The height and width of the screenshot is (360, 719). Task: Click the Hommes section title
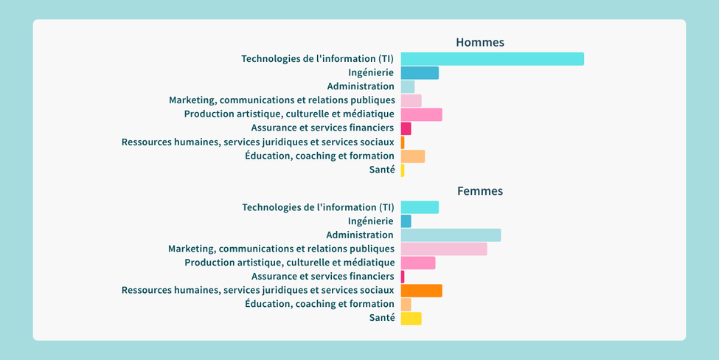479,43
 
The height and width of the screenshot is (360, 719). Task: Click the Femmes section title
479,191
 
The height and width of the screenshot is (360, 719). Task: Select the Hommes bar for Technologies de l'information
492,59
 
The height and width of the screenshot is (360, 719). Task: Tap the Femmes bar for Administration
451,235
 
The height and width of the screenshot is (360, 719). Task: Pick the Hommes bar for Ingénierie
420,73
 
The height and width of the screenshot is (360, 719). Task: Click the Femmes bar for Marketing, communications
444,249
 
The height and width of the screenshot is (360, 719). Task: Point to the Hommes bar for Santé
403,170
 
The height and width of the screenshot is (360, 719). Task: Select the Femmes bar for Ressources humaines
421,290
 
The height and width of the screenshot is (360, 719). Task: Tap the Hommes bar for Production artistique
421,114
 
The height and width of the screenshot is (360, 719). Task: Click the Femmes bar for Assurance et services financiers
403,277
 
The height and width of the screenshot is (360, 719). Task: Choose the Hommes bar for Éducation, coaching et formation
413,156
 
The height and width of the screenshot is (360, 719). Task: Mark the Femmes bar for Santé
411,318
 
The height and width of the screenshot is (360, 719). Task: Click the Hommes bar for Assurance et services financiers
406,128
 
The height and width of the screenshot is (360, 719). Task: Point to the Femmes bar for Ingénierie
406,221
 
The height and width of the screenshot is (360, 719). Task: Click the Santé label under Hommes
381,170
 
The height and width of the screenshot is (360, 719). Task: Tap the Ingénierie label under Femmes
370,221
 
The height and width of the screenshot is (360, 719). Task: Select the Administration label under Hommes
361,86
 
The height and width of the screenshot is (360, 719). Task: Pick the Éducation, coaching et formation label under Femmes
319,304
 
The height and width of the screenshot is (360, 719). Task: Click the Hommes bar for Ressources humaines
403,142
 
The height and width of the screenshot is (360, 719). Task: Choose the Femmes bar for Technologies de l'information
420,207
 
